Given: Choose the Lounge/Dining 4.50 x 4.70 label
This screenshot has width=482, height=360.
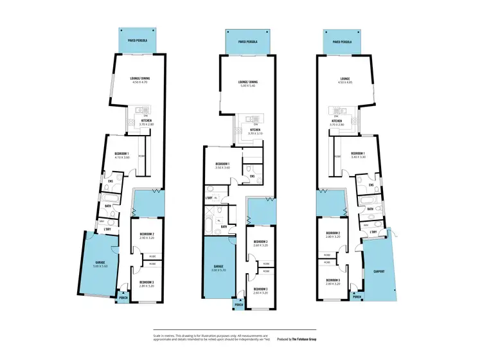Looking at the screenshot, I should click(139, 81).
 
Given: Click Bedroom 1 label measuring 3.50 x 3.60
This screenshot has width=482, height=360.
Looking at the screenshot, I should click(228, 166).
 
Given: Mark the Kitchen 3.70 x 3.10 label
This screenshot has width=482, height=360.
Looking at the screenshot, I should click(255, 132).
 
